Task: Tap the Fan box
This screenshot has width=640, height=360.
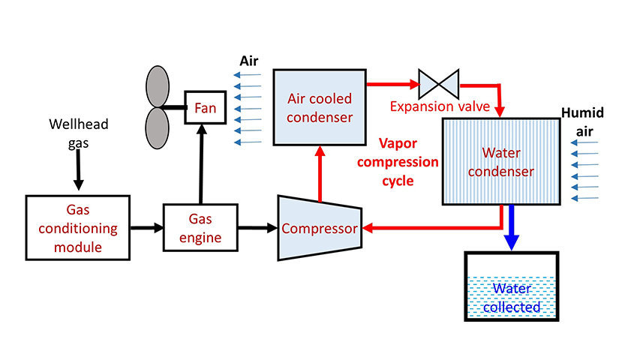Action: pos(205,108)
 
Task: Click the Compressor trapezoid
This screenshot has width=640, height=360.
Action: pos(320,228)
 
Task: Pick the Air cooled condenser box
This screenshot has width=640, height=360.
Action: pos(319,108)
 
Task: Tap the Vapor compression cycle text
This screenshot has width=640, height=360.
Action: pos(408,161)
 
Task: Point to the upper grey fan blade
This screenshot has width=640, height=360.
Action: pos(158,85)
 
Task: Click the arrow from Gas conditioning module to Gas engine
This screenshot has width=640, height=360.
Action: pos(147,226)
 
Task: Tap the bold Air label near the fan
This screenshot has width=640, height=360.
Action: pos(250,60)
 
